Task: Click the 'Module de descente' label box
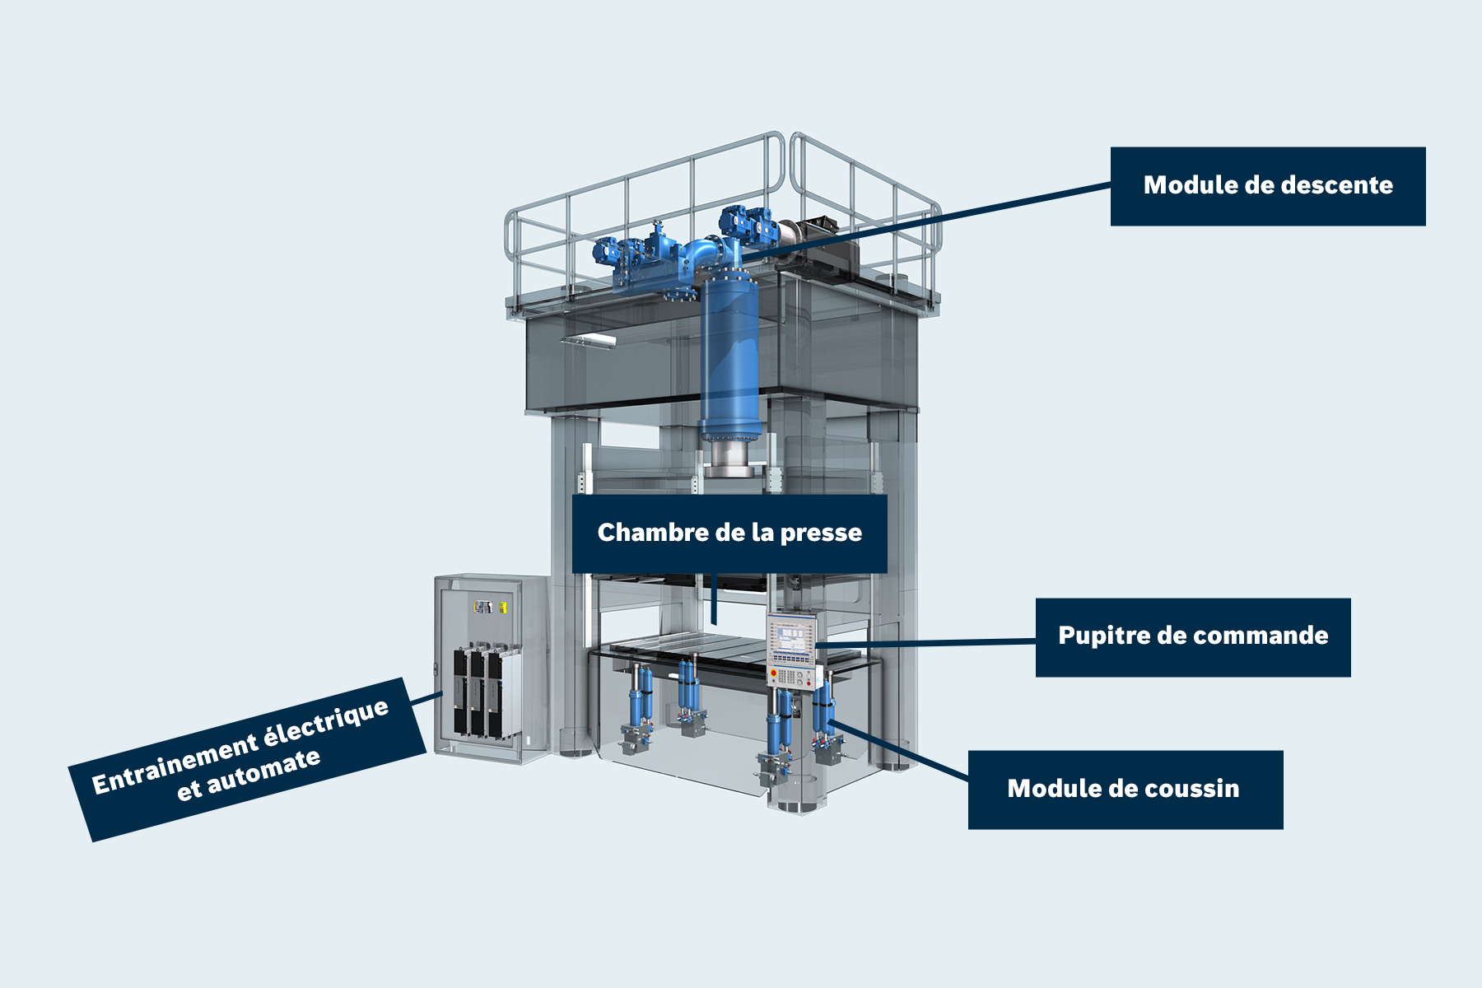tap(1268, 186)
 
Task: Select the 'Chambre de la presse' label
tap(729, 533)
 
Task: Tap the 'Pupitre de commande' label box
tap(1193, 636)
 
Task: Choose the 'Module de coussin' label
tap(1125, 789)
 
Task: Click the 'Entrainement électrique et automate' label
tap(247, 758)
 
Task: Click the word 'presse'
tap(821, 534)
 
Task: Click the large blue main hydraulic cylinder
tap(729, 354)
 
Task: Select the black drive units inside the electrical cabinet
tap(478, 692)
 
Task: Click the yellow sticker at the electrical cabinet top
tap(502, 608)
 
